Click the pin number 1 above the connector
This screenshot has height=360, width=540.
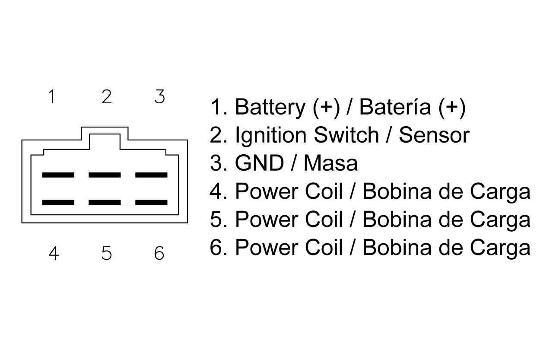point(52,97)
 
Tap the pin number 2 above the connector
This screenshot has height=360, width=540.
point(106,97)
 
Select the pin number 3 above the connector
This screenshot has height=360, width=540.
point(160,97)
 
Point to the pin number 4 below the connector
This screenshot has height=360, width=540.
point(54,253)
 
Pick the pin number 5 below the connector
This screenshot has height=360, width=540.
point(107,253)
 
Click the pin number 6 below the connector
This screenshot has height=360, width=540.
point(159,253)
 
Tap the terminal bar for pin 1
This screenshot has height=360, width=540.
point(58,175)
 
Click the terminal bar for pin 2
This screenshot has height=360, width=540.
point(105,175)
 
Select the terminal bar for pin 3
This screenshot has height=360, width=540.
point(151,175)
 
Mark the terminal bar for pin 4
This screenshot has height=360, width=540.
point(58,202)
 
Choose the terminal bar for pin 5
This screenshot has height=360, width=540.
point(105,202)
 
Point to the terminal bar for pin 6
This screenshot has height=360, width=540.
point(151,202)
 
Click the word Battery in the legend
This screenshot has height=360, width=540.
point(270,107)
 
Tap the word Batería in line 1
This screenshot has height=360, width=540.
point(395,107)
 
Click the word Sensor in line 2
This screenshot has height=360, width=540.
point(433,135)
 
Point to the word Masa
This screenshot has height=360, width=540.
point(330,163)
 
